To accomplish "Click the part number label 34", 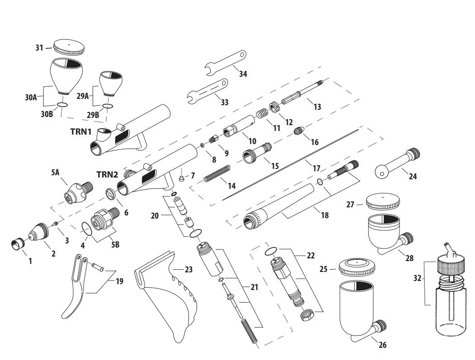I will (243, 74).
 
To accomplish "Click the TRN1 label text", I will (81, 131).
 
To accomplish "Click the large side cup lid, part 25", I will (356, 267).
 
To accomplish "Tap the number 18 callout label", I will (325, 215).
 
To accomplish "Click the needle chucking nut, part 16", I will (298, 132).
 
